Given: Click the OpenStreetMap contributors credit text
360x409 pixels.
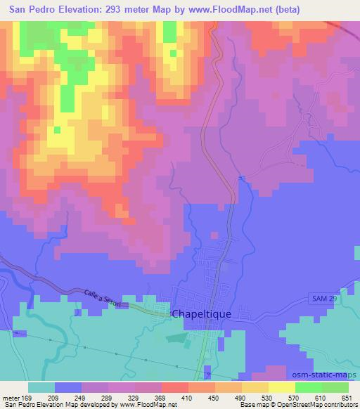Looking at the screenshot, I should coord(309,405).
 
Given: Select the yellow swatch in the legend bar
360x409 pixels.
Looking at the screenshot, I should coord(281,387).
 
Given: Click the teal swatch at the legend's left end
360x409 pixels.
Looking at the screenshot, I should coord(41,387).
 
